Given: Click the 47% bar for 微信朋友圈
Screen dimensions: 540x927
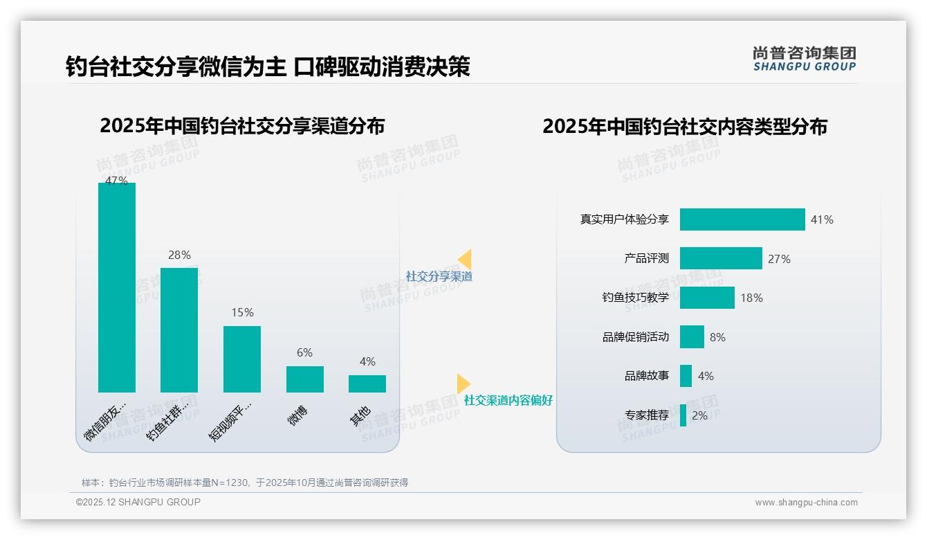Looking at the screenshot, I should pos(117,287).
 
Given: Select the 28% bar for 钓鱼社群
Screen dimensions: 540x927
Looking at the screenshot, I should pos(179,330).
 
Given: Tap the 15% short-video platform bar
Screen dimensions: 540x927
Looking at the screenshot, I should pos(242,359).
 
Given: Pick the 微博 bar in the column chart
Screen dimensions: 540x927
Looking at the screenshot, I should pos(304,379).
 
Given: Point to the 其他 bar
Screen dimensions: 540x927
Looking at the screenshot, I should pos(367,384).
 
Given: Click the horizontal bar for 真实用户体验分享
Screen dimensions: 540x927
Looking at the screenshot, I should pos(742,219).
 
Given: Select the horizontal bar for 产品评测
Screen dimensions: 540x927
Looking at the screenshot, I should pos(721,258).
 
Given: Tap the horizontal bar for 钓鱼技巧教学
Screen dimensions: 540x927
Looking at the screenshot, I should pos(707,298).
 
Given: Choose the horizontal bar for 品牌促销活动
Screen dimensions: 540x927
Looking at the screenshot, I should pos(692,337).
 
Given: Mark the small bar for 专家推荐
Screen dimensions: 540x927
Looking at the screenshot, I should pos(683,415).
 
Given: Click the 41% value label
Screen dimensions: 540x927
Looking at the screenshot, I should pos(822,220).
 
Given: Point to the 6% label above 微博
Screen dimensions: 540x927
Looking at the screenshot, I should pos(304,352).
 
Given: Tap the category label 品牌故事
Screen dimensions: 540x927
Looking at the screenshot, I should pos(647,376).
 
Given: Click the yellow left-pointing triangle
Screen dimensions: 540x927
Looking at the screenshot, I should pos(465,260).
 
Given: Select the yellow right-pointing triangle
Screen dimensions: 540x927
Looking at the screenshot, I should pos(463,384).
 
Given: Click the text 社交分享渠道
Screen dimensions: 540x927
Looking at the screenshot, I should pos(439,276).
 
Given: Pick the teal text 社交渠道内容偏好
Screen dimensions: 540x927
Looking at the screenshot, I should pos(508,400).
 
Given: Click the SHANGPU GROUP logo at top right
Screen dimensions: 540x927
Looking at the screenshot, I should pos(805,59).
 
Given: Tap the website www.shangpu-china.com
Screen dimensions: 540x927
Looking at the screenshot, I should pos(806,503).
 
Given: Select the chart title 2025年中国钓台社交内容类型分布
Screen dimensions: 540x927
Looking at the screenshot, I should pos(685,127).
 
